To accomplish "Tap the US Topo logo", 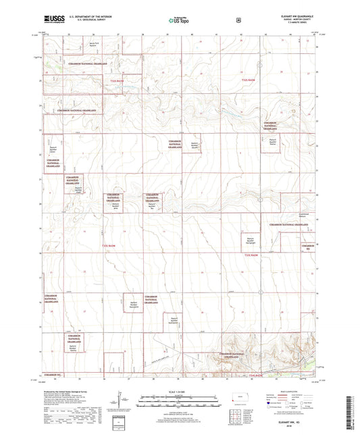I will pos(177,21).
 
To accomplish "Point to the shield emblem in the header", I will pos(237,20).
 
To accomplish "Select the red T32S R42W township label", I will pos(250,80).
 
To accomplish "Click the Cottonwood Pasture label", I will pos(306,214).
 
